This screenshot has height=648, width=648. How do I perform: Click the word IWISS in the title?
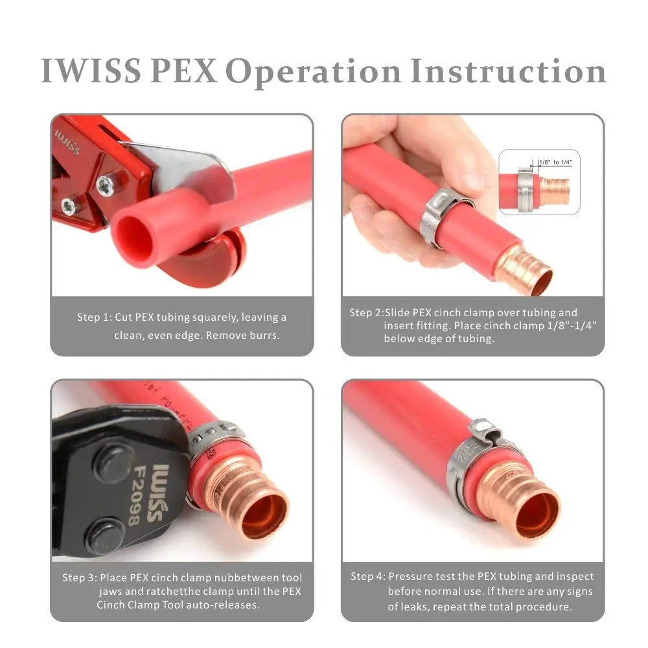click(91, 71)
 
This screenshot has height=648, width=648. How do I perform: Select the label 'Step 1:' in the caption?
click(95, 318)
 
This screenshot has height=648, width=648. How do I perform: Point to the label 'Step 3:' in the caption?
click(80, 577)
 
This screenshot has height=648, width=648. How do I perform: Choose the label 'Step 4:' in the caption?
click(369, 576)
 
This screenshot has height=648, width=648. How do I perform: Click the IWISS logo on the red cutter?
click(68, 141)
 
